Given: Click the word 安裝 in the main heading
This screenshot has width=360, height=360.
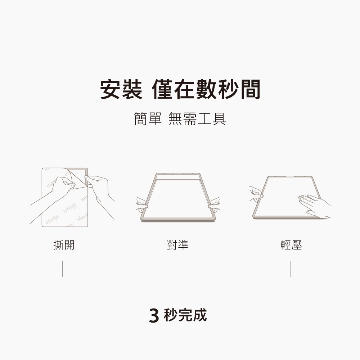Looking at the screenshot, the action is [x=121, y=89].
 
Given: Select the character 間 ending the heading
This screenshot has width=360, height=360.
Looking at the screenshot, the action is [x=250, y=89].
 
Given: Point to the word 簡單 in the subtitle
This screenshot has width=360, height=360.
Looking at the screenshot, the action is [x=148, y=119].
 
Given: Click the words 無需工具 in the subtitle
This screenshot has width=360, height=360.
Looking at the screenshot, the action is [x=197, y=119].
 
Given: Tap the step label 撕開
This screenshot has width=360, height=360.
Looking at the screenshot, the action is [x=64, y=245].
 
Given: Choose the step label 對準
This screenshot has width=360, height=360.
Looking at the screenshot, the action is [x=177, y=245].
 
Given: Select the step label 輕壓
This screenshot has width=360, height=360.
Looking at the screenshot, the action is [x=291, y=245].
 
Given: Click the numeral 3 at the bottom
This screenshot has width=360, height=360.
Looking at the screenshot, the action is [x=154, y=316].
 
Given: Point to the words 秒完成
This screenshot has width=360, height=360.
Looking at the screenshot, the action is [x=185, y=315].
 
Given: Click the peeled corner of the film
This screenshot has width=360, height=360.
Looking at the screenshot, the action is [x=76, y=178].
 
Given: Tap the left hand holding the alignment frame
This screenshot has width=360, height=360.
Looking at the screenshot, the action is [x=142, y=204].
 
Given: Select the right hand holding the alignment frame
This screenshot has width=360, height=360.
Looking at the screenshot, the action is [x=214, y=204].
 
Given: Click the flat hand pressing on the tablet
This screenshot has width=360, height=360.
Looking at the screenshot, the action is [x=314, y=206].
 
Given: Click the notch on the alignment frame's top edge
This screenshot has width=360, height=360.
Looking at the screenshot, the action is [x=178, y=174].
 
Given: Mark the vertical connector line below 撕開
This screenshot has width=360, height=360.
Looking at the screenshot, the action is [x=62, y=269].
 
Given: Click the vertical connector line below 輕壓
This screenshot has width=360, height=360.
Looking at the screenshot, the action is [x=291, y=269].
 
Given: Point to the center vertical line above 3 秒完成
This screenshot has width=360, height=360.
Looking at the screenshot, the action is [x=178, y=280].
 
